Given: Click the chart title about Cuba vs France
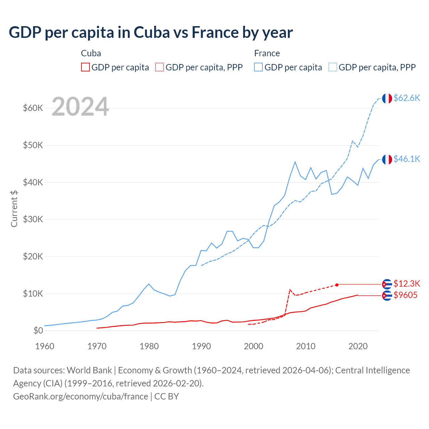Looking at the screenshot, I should pyautogui.click(x=151, y=33).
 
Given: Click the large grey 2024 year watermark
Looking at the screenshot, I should pyautogui.click(x=80, y=107).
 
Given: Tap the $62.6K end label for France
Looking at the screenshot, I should pyautogui.click(x=407, y=98).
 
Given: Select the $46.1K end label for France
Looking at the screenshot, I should pyautogui.click(x=407, y=159).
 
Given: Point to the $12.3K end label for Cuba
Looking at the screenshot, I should pyautogui.click(x=407, y=284).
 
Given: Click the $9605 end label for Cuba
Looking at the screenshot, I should pyautogui.click(x=405, y=295).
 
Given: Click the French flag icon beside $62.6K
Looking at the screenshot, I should pyautogui.click(x=387, y=98).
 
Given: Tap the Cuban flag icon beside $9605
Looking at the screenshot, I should pyautogui.click(x=387, y=296).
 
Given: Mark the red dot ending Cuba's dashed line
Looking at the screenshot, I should pyautogui.click(x=337, y=285).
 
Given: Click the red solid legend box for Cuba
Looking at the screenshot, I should pyautogui.click(x=85, y=67).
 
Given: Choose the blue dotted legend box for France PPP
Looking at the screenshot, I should pyautogui.click(x=333, y=67).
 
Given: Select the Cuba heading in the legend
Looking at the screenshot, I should pyautogui.click(x=91, y=53).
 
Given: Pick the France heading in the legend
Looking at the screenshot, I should pyautogui.click(x=267, y=53).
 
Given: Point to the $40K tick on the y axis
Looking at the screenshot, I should pyautogui.click(x=33, y=182).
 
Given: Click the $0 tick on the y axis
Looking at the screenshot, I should pyautogui.click(x=38, y=331).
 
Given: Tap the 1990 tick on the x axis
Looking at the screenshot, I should pyautogui.click(x=201, y=346).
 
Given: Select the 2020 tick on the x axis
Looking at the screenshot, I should pyautogui.click(x=358, y=346).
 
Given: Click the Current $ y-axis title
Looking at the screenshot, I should pyautogui.click(x=14, y=208).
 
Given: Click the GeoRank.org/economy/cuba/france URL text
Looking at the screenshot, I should pyautogui.click(x=80, y=396).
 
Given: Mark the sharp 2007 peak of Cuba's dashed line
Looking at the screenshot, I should pyautogui.click(x=290, y=290).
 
